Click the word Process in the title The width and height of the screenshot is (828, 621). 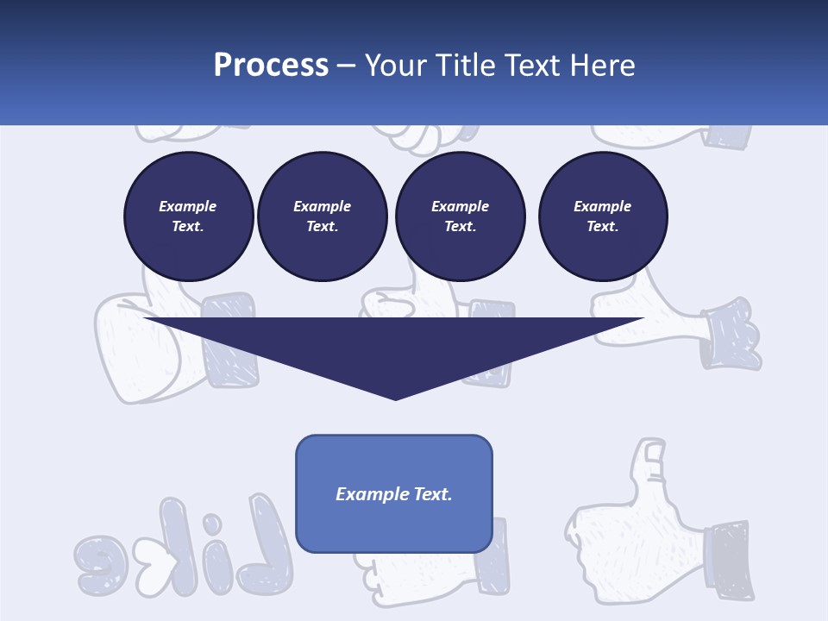click(x=271, y=66)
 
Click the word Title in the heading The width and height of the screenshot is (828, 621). click(x=462, y=66)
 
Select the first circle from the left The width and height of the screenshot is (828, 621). click(x=188, y=216)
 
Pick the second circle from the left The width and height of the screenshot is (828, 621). click(x=322, y=216)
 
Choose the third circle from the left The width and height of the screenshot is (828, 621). click(x=460, y=216)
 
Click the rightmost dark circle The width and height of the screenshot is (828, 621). click(x=602, y=216)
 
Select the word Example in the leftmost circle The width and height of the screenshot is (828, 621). click(x=188, y=206)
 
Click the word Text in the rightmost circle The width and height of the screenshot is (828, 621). click(x=602, y=227)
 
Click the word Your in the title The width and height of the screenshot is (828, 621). click(x=396, y=66)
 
